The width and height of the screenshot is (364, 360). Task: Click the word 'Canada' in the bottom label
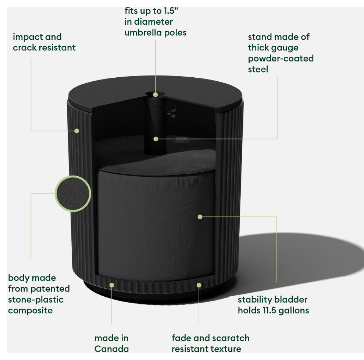(111, 349)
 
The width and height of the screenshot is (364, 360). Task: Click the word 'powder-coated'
(281, 58)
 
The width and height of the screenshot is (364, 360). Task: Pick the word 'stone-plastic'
(36, 300)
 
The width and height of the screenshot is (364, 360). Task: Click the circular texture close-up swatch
(73, 194)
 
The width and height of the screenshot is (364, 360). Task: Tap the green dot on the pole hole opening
(156, 95)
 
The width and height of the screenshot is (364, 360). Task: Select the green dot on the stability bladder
(200, 217)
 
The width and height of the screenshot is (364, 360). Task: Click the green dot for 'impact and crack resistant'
(76, 131)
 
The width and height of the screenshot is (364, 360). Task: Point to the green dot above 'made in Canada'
(112, 285)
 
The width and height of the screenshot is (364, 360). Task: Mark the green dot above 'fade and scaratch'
(199, 285)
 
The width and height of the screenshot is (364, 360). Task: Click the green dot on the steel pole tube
(156, 139)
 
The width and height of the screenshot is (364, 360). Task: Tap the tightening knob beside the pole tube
(171, 113)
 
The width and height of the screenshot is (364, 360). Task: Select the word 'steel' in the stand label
(258, 69)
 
